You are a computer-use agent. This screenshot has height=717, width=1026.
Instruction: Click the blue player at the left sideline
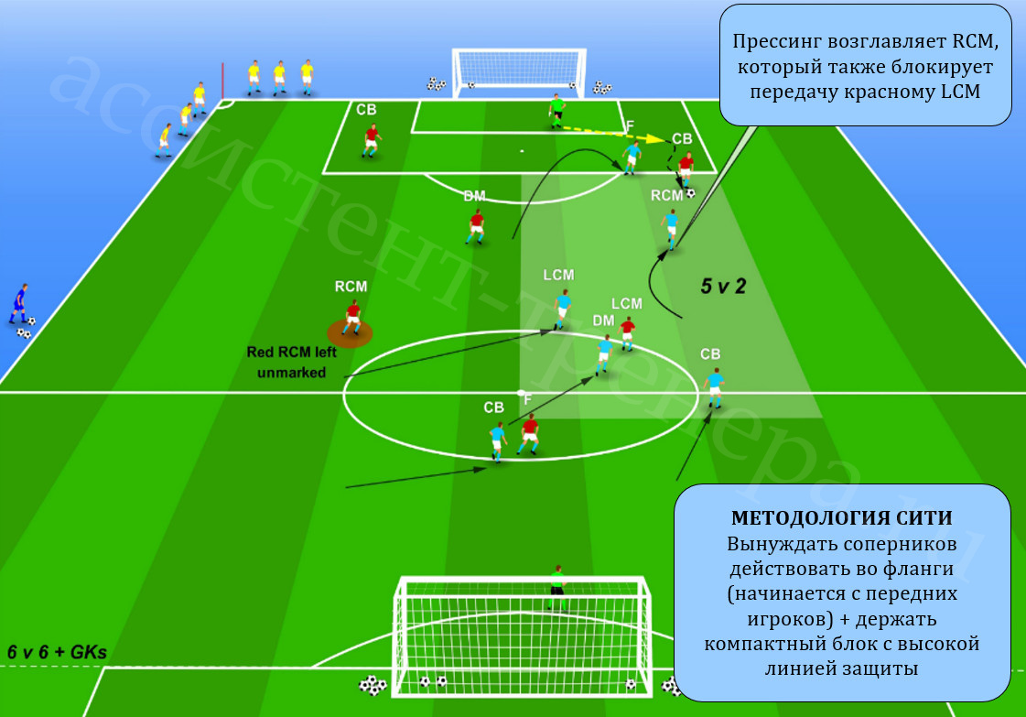coord(19,304)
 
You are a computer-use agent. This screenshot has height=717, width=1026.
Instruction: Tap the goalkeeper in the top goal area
coord(556,111)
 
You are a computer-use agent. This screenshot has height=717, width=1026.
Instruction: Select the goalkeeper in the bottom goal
coord(556,587)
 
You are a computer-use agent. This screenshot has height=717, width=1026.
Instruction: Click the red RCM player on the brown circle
coord(352,318)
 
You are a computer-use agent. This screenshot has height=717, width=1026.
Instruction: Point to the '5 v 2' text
coord(723,286)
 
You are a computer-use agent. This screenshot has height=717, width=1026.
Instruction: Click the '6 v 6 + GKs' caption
coord(57,652)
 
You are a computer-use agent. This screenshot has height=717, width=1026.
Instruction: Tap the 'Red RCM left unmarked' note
coord(292,362)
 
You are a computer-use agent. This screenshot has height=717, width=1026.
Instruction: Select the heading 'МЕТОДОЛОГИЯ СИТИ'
coord(841,518)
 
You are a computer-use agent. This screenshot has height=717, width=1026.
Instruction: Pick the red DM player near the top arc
coord(476,226)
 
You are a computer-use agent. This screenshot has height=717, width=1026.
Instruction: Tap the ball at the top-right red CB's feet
coord(690,193)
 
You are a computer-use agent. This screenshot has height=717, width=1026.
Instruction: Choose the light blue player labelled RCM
coord(670,229)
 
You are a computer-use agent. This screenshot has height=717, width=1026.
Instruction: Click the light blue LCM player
coord(561,310)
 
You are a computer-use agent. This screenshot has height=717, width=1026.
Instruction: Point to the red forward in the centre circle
coord(529,434)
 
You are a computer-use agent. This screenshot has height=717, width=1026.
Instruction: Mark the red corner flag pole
coord(222,81)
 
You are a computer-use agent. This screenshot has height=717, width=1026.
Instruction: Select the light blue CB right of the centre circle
coord(715,387)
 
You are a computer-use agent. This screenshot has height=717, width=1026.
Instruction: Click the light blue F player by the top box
coord(632,158)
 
